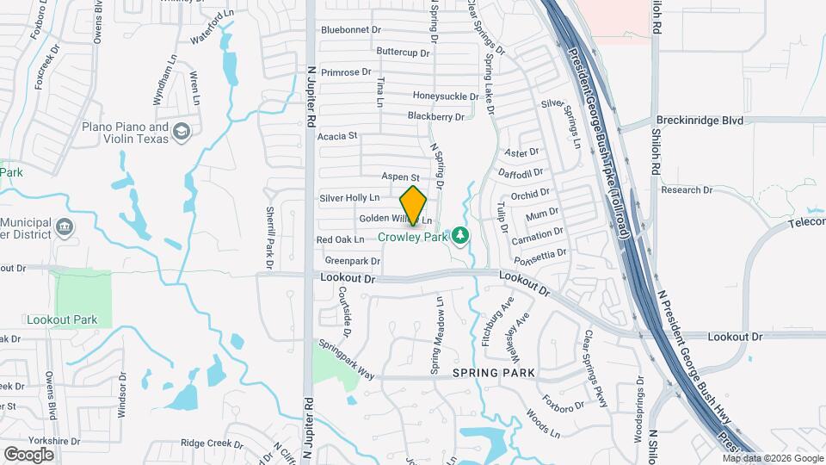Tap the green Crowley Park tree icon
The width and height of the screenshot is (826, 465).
click(461, 235)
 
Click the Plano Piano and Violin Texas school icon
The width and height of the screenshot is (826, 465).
click(182, 132)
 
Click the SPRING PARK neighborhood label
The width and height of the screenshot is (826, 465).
click(495, 373)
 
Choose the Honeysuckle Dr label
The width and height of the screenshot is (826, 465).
click(446, 96)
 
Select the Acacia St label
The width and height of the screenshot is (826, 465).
click(336, 136)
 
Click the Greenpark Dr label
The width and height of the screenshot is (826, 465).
click(353, 260)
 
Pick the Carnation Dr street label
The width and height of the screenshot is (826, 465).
click(538, 235)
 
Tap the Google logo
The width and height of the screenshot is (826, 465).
click(28, 454)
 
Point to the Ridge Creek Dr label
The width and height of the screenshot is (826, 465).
click(212, 443)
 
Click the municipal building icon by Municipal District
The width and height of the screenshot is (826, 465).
click(64, 227)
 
